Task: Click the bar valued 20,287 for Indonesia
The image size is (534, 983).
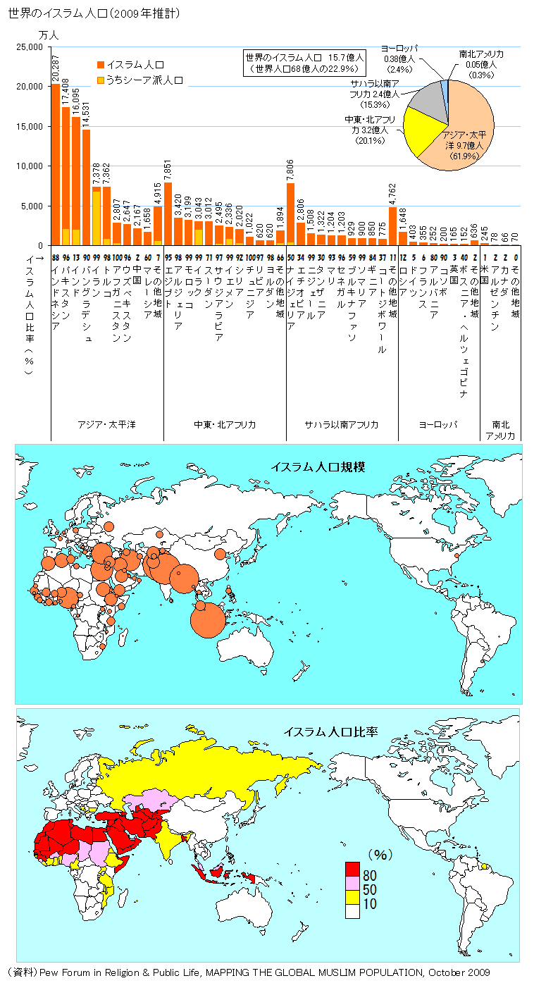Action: tap(56, 165)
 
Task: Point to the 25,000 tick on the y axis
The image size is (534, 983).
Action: tap(30, 47)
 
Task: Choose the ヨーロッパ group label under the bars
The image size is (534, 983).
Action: tap(438, 424)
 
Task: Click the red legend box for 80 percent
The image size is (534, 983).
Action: tap(352, 874)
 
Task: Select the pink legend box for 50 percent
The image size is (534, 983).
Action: tap(352, 889)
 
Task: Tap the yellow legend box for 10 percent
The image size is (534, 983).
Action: tap(352, 903)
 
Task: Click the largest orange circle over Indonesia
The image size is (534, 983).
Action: tap(209, 619)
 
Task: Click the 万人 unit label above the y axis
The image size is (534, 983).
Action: tap(49, 34)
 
